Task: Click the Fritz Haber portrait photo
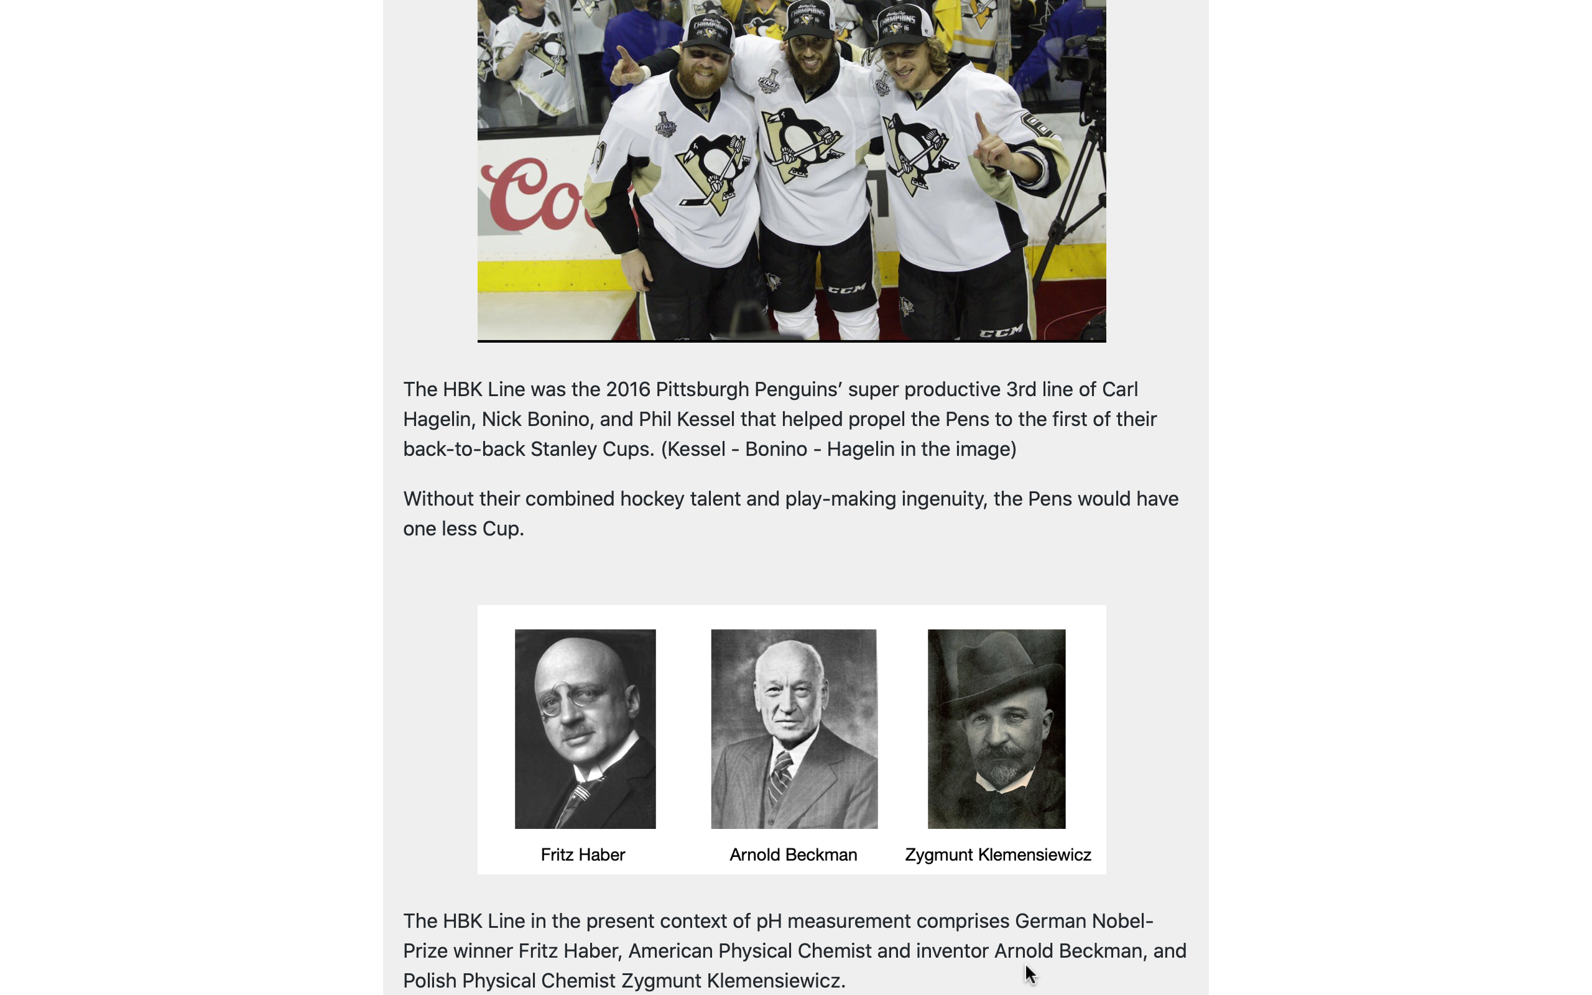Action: (x=585, y=728)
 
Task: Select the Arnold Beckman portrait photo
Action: (x=794, y=728)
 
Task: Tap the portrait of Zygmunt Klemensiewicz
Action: (x=996, y=728)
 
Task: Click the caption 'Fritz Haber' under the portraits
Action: (x=582, y=854)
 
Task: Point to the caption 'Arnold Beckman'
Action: (x=793, y=854)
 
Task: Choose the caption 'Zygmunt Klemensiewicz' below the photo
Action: (x=997, y=854)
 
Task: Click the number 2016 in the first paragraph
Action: (x=627, y=389)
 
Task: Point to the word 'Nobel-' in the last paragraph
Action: (x=1122, y=920)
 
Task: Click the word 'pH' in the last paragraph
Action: (x=768, y=920)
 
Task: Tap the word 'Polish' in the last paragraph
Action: (x=430, y=981)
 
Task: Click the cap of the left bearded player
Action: (x=707, y=33)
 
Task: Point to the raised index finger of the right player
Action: (x=980, y=125)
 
